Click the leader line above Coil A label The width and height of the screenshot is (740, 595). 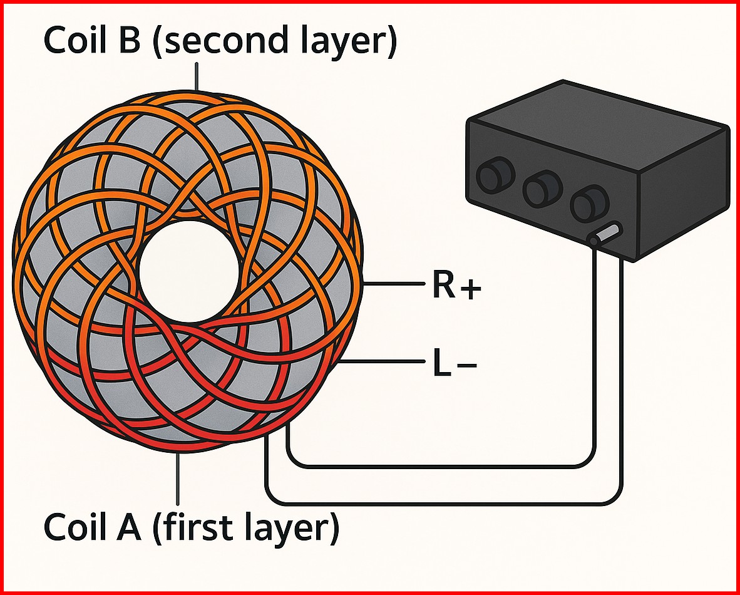pyautogui.click(x=178, y=479)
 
